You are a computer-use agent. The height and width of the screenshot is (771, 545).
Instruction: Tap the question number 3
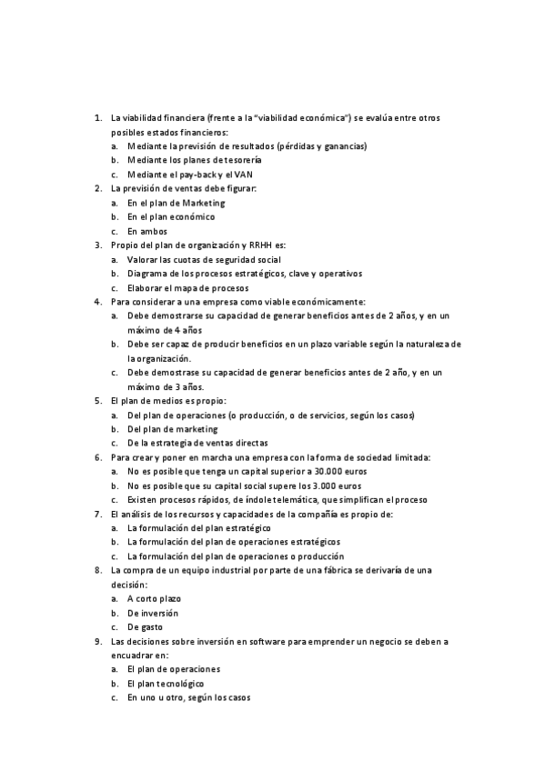[97, 245]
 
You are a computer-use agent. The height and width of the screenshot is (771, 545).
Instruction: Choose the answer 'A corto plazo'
[154, 597]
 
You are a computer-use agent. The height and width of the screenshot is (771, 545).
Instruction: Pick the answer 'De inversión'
[153, 612]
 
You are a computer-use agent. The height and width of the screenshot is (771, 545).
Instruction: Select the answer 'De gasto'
[146, 626]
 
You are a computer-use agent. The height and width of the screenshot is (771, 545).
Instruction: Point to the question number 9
[97, 640]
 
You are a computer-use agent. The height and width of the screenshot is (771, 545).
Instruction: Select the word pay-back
[203, 174]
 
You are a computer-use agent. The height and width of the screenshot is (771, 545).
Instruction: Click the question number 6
[97, 457]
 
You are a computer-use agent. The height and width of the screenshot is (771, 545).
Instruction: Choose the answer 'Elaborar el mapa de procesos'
[188, 287]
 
